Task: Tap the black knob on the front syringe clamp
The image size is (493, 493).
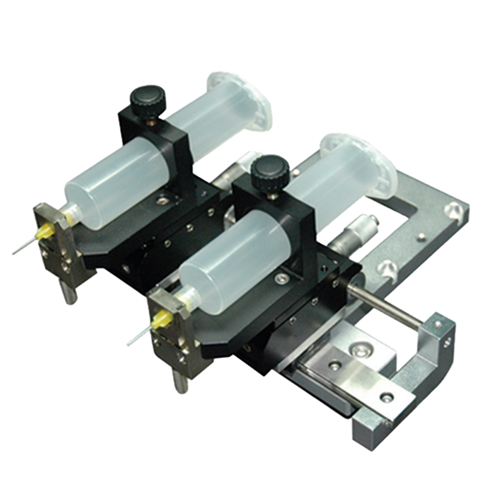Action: [267, 170]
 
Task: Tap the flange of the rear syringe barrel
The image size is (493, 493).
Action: [242, 101]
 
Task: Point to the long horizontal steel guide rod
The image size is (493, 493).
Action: [385, 306]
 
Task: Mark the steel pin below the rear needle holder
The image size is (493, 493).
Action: [70, 294]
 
